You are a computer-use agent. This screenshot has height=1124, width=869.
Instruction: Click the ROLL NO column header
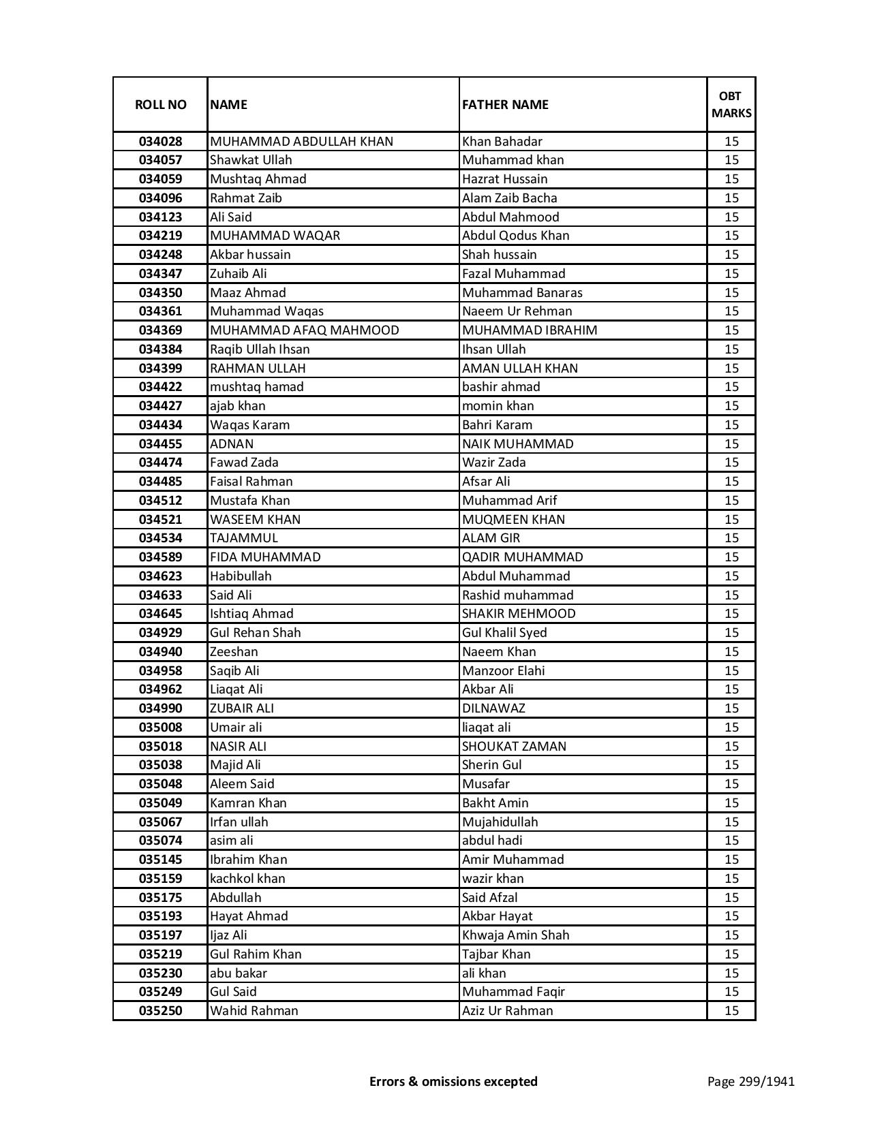(x=160, y=104)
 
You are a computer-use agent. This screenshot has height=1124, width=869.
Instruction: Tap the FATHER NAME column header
(x=505, y=104)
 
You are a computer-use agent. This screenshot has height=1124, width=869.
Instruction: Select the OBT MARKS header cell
(x=731, y=104)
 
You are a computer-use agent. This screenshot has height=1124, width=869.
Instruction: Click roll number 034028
(x=160, y=142)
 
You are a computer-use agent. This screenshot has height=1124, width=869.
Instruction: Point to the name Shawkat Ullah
(x=251, y=160)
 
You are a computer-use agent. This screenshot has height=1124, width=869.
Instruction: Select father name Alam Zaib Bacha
(x=509, y=198)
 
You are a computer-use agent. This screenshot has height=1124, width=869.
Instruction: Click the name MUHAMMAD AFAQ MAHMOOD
(x=304, y=330)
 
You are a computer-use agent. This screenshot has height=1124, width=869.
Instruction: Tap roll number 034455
(x=160, y=444)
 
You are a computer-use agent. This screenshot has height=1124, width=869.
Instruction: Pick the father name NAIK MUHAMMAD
(x=517, y=444)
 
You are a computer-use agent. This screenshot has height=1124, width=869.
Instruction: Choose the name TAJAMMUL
(x=243, y=538)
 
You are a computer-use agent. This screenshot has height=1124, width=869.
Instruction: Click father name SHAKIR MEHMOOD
(x=519, y=614)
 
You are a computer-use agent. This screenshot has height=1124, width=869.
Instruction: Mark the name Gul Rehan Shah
(x=255, y=633)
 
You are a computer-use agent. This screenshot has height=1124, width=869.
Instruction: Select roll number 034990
(x=160, y=708)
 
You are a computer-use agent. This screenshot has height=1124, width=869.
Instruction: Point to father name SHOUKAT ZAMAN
(x=514, y=747)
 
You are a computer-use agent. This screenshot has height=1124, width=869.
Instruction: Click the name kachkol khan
(x=247, y=879)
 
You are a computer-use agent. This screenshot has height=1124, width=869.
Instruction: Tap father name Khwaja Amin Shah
(x=515, y=935)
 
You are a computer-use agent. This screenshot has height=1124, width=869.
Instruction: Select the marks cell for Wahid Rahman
(x=731, y=1011)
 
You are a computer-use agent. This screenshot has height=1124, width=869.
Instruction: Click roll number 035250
(x=160, y=1011)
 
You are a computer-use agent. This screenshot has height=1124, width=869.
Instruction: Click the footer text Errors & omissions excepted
(x=453, y=1081)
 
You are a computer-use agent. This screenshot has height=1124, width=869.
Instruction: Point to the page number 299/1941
(x=750, y=1081)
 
